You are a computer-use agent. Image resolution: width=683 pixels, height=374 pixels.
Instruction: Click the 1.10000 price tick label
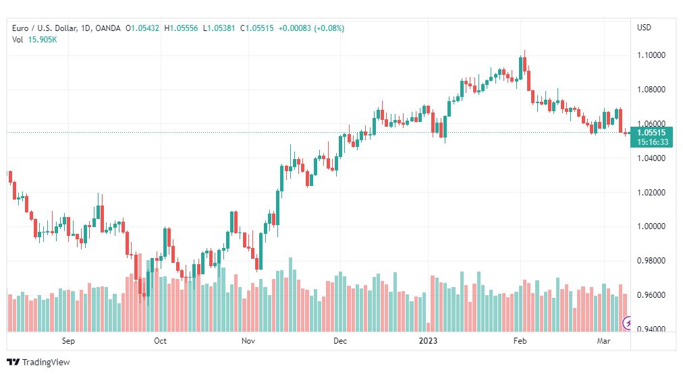click(x=651, y=55)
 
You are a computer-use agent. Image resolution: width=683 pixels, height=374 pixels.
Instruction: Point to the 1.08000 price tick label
click(x=651, y=90)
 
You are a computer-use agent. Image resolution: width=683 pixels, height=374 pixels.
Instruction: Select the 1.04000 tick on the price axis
click(x=651, y=158)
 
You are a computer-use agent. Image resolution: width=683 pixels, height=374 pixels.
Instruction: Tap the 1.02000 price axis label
click(x=651, y=192)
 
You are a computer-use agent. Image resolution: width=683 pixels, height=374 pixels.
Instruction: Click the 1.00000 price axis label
click(x=651, y=226)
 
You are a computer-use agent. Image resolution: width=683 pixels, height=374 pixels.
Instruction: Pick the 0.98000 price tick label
click(x=651, y=261)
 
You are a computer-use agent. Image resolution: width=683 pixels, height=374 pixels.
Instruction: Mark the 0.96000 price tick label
click(x=651, y=295)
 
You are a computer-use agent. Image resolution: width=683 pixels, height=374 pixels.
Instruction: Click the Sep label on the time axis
click(x=68, y=341)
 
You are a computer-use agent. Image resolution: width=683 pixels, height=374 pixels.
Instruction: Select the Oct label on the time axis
click(x=161, y=341)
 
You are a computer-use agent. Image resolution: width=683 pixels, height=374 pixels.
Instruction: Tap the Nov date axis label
click(x=248, y=341)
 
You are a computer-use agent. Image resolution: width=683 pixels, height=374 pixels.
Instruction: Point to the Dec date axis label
click(x=340, y=341)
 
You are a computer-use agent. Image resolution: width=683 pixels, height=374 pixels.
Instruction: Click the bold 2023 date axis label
click(x=428, y=341)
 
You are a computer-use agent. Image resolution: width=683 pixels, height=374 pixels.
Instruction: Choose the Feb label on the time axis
click(x=520, y=341)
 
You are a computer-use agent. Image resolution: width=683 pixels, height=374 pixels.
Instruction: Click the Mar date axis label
click(x=604, y=341)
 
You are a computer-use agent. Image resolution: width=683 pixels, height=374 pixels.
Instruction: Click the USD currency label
click(x=645, y=28)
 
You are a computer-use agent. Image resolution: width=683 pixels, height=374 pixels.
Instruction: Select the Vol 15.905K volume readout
click(x=34, y=40)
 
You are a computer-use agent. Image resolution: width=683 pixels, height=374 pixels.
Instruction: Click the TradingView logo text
click(x=46, y=363)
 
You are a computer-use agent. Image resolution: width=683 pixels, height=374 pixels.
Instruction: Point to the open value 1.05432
click(x=145, y=28)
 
